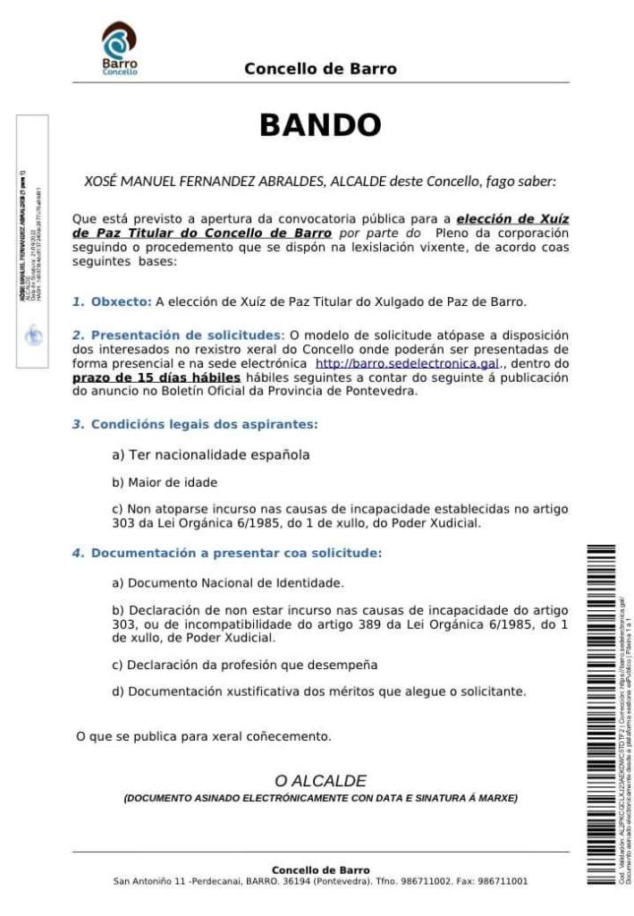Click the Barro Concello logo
pos(119,49)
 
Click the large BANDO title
pos(320,125)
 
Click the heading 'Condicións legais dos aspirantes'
pos(204,424)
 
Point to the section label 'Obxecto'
pos(121,301)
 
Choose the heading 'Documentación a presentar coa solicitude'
pos(236,553)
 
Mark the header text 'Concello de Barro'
pos(320,69)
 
